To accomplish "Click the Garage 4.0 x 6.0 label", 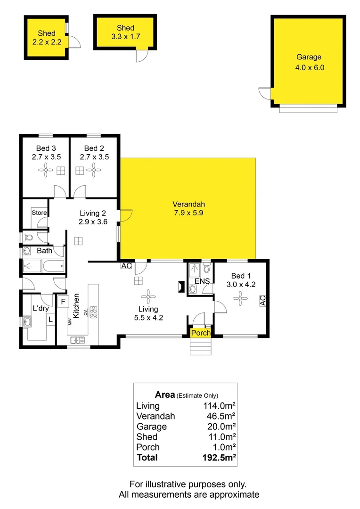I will [310, 62].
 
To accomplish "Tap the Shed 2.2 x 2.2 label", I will [46, 38].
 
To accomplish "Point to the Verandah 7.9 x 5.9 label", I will [188, 208].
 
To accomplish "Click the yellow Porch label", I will [200, 333].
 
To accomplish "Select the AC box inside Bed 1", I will [262, 300].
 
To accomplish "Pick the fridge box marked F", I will [63, 300].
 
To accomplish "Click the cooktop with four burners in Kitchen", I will [93, 312].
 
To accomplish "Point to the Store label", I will [39, 213].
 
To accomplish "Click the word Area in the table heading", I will [165, 394].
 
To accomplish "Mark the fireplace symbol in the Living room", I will [180, 287].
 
